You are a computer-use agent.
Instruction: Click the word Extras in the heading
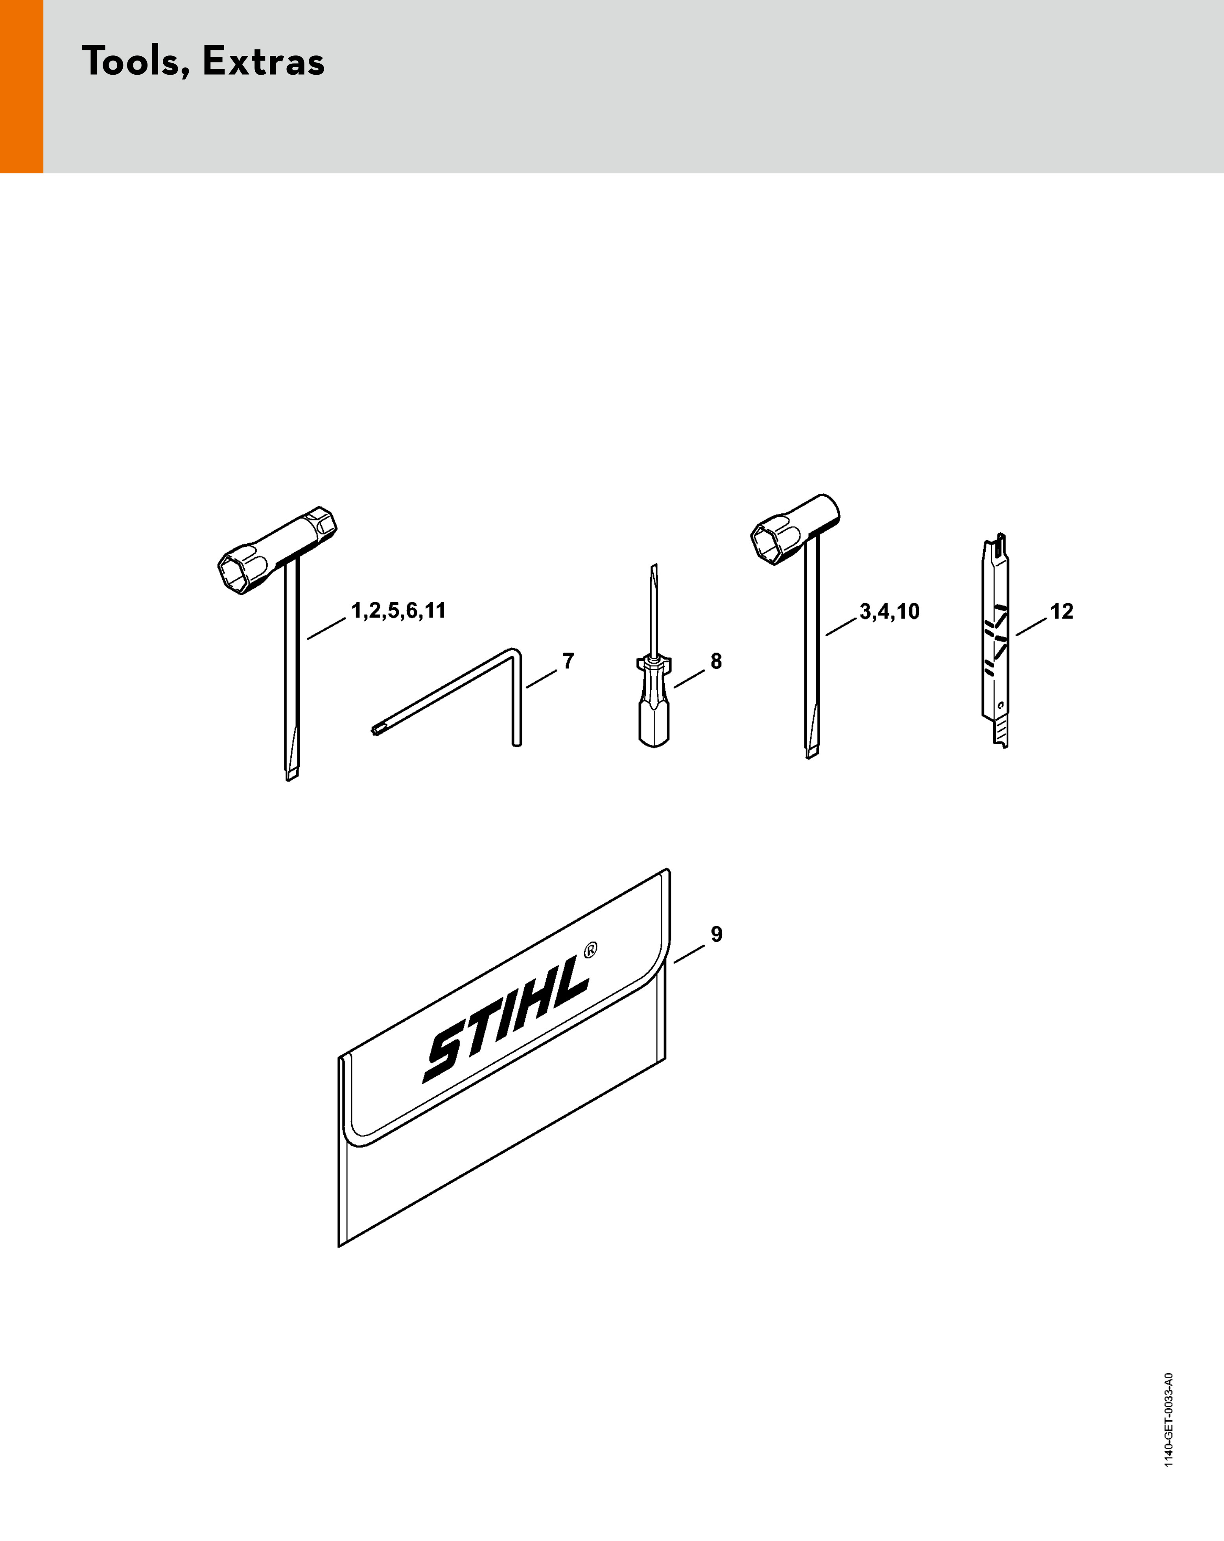tap(264, 61)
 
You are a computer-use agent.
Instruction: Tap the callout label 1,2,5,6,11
tap(398, 611)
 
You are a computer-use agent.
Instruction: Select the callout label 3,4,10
tap(889, 612)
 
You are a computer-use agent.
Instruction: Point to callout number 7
tap(568, 661)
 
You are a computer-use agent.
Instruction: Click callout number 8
tap(716, 661)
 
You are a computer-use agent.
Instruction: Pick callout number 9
tap(716, 934)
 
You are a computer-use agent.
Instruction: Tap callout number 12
tap(1062, 612)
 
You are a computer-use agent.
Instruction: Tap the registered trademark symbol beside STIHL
tap(590, 951)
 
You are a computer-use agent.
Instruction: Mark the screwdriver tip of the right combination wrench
tap(812, 750)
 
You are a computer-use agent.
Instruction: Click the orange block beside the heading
tap(22, 86)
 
